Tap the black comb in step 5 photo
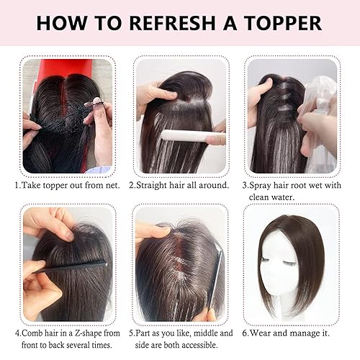215,277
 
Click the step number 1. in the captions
18,185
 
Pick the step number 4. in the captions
18,333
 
